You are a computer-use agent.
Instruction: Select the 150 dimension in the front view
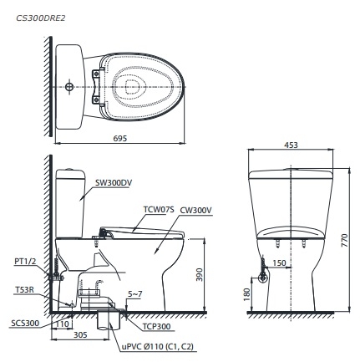click(281, 263)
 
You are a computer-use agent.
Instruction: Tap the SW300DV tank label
click(114, 181)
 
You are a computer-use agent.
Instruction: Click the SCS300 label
click(24, 322)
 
